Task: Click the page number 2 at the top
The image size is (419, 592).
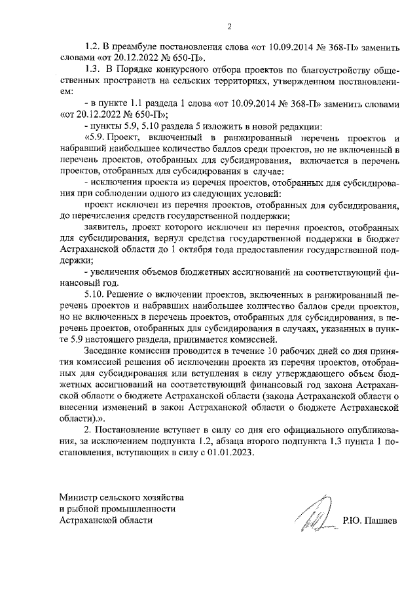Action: pyautogui.click(x=229, y=27)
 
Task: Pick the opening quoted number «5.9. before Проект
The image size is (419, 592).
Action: pyautogui.click(x=95, y=137)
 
